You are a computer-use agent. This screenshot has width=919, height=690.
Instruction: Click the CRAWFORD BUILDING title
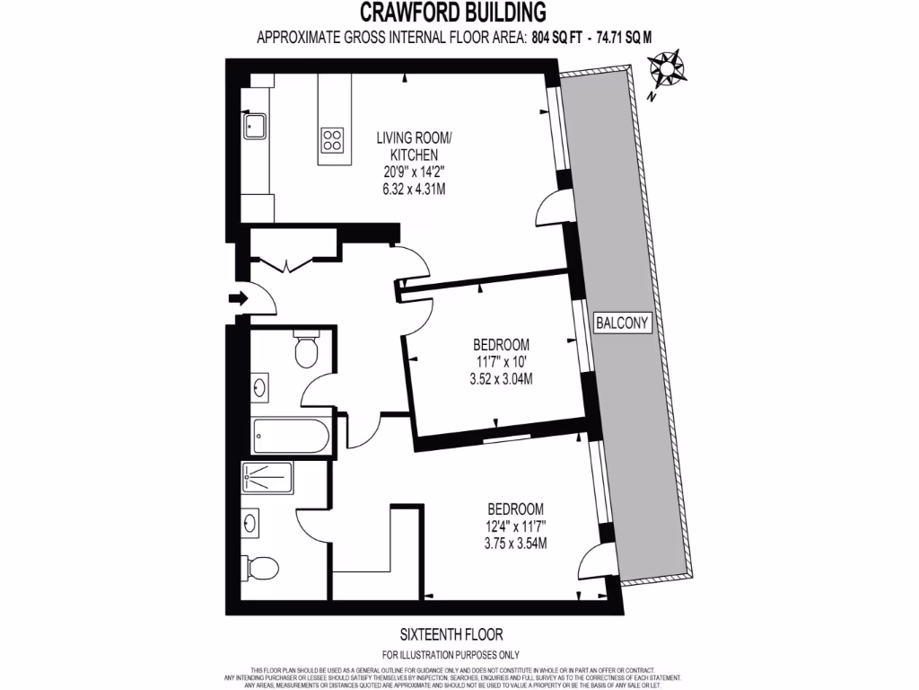coord(452,13)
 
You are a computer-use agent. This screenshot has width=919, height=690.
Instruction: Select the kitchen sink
coord(253,126)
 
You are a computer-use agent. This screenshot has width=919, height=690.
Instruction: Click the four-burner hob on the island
coord(332,139)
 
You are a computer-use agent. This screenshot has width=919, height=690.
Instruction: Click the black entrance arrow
coord(237,298)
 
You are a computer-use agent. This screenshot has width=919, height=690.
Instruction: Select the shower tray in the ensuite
coord(267,476)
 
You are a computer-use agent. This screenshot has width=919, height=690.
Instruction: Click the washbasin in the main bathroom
coord(260,389)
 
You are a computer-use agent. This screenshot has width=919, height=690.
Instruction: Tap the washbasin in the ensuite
coord(251,522)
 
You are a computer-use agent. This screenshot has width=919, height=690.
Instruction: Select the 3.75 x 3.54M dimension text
coord(515,543)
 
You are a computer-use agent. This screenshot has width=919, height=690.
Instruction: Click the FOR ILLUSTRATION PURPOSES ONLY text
coord(451,654)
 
